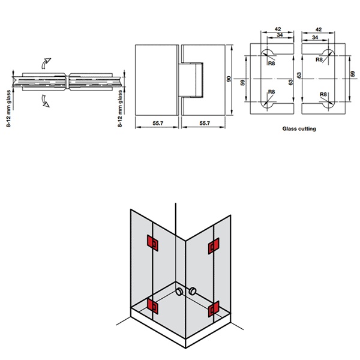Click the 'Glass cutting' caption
[x=299, y=128]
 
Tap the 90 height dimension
[x=229, y=80]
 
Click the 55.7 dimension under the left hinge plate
[x=157, y=124]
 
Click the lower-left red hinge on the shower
[x=153, y=307]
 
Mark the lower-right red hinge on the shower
[x=212, y=310]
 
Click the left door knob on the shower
[x=179, y=292]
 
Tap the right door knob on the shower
[x=193, y=292]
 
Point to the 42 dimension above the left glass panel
[x=277, y=28]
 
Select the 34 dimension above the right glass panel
[x=316, y=38]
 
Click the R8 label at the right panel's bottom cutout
[x=323, y=94]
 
